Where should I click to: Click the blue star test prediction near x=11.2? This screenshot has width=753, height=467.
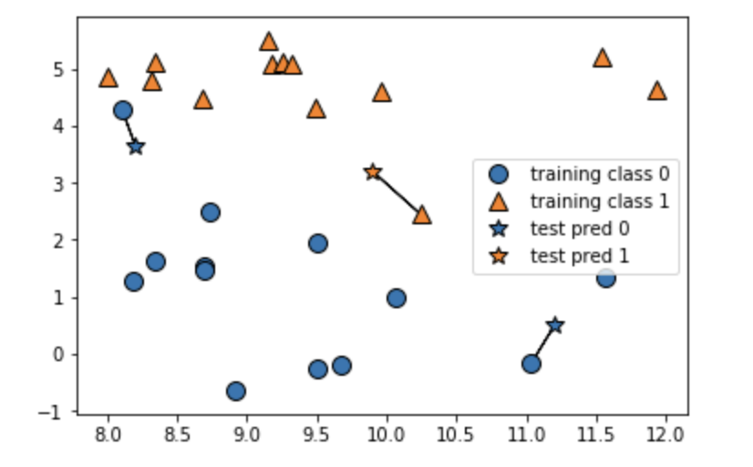(x=555, y=326)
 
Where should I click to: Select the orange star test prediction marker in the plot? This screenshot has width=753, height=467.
(x=372, y=172)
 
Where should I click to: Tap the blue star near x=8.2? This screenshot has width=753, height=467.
(x=136, y=146)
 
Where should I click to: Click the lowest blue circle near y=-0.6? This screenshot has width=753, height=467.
(x=236, y=391)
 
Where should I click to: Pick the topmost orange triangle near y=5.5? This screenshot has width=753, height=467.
(x=268, y=41)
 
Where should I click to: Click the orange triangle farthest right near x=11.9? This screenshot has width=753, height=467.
(x=656, y=90)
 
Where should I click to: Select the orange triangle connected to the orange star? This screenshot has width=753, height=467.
(x=421, y=215)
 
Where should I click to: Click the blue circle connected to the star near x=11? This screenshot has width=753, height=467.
(x=531, y=364)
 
